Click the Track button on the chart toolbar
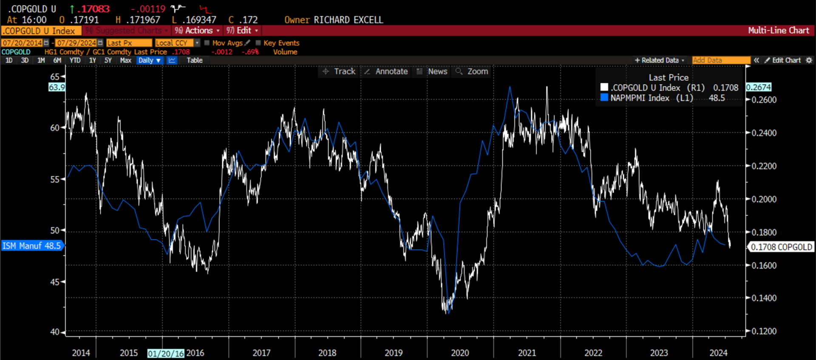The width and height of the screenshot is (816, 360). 339,71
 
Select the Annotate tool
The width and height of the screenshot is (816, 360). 386,71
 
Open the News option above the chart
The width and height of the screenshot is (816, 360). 432,71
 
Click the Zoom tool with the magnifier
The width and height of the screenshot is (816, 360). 472,71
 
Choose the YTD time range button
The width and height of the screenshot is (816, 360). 75,60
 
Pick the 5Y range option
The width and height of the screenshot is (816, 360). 108,60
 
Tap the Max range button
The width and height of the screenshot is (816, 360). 125,60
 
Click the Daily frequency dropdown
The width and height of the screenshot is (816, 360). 150,60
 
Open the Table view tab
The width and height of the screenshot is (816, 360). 195,60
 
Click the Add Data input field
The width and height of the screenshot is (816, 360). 721,60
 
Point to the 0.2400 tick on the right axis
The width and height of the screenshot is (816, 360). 764,133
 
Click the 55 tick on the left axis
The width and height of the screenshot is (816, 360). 55,179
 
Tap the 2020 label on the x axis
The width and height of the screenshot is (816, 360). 460,353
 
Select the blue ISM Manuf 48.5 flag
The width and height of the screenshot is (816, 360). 32,246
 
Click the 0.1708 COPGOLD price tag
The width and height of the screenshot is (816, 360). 781,247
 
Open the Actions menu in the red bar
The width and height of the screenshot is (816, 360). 197,31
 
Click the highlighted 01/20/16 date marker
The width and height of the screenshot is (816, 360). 166,353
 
